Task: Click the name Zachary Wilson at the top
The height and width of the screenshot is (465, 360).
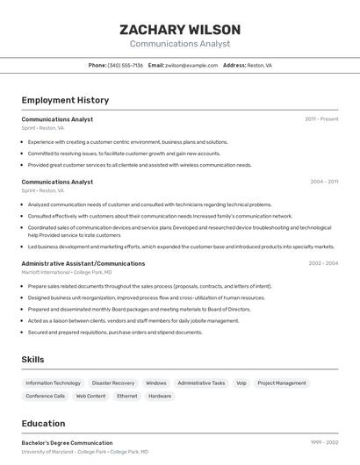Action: (x=180, y=30)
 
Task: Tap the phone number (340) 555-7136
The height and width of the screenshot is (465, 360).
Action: (x=125, y=65)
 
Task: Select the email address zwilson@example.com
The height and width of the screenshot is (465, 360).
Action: (x=191, y=65)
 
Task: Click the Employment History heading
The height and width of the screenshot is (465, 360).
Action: (x=65, y=100)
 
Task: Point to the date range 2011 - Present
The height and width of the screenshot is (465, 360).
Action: (x=321, y=118)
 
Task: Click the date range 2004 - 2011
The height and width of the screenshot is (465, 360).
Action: (x=324, y=182)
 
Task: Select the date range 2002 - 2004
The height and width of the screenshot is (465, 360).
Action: (x=323, y=263)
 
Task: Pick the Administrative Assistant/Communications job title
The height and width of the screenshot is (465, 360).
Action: (x=83, y=263)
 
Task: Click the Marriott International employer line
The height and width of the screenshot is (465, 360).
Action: (x=67, y=272)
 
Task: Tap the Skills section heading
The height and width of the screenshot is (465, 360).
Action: (x=32, y=359)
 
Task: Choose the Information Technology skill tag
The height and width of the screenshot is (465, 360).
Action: (x=53, y=383)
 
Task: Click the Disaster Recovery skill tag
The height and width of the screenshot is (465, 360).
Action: (x=113, y=383)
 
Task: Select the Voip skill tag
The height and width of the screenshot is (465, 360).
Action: (x=241, y=383)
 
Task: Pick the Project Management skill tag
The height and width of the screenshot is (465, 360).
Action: (x=282, y=383)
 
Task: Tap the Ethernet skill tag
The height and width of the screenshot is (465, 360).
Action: (x=126, y=396)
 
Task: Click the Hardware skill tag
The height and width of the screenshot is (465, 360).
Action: (x=160, y=396)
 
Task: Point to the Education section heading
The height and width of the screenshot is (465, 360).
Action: (x=43, y=423)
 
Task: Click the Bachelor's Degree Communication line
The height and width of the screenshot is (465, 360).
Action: (x=67, y=443)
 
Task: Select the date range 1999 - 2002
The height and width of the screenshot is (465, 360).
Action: (x=324, y=443)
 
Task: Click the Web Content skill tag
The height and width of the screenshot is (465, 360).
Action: (x=90, y=396)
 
